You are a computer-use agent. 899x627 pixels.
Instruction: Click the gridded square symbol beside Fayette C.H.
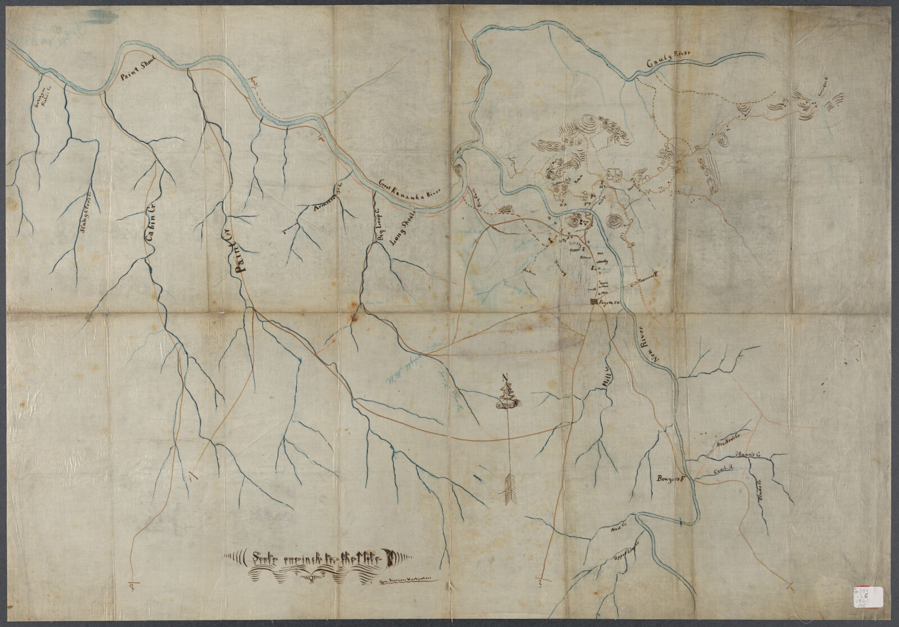pyautogui.click(x=592, y=302)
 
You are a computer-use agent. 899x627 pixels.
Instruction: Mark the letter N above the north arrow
pyautogui.click(x=506, y=377)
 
